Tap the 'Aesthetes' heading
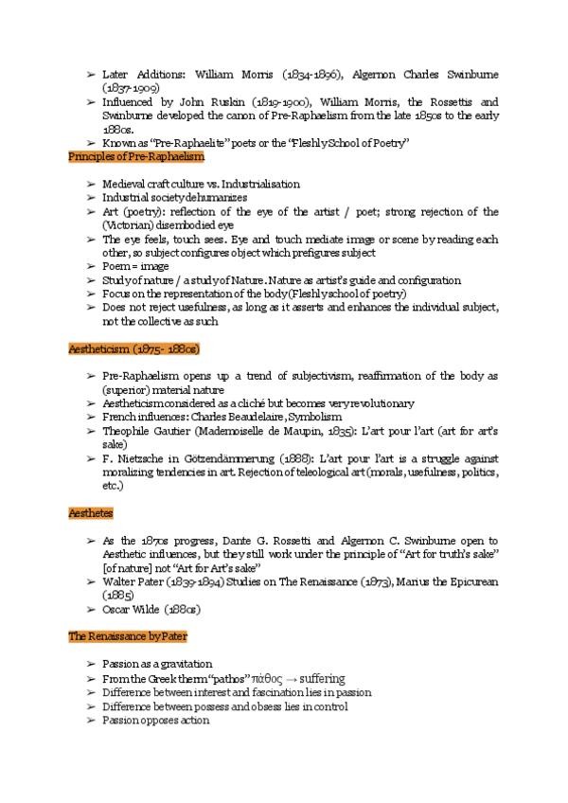pyautogui.click(x=92, y=512)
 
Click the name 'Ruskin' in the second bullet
pyautogui.click(x=216, y=101)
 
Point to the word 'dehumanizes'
pyautogui.click(x=216, y=198)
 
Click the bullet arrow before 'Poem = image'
pyautogui.click(x=90, y=267)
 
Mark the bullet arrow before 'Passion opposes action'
pyautogui.click(x=90, y=721)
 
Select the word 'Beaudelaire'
pyautogui.click(x=251, y=417)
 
